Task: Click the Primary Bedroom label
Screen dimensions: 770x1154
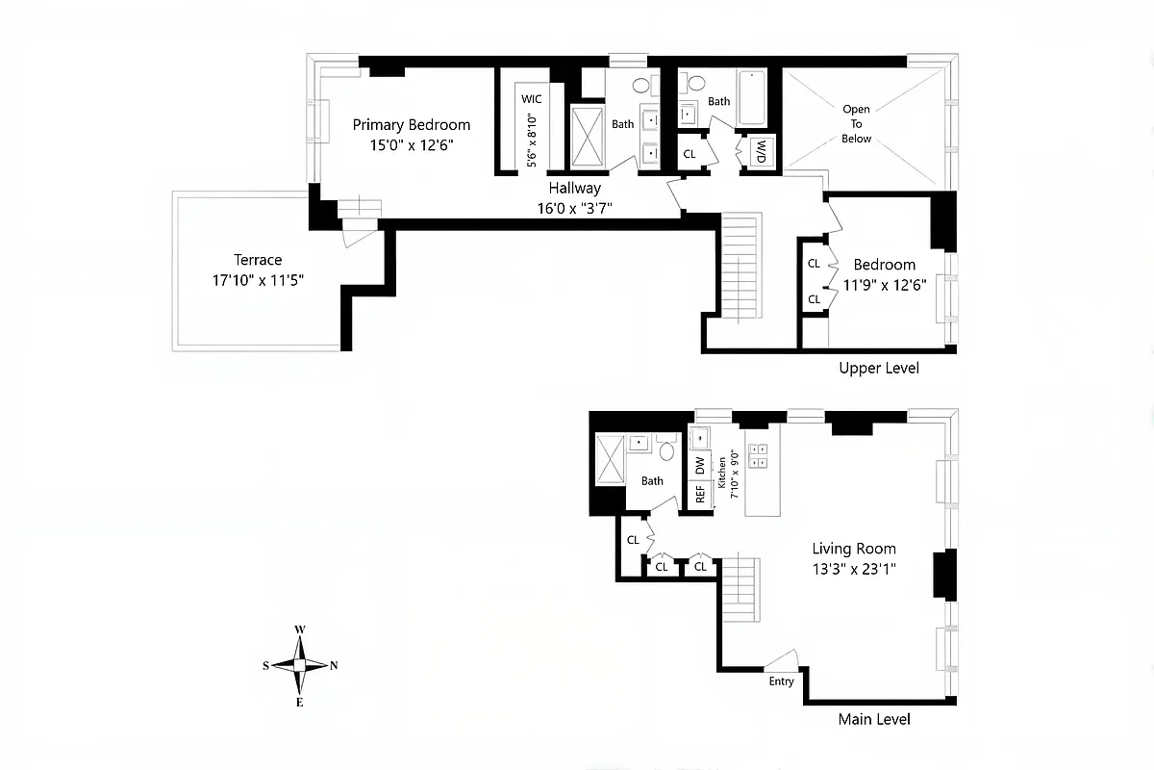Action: [x=411, y=124]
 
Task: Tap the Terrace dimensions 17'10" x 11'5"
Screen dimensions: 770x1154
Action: [x=258, y=281]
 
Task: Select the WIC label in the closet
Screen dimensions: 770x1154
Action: [x=531, y=99]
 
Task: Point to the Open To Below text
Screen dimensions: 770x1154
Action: [x=856, y=124]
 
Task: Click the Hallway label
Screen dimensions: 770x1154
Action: [x=574, y=189]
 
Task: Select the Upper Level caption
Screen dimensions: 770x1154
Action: [x=878, y=369]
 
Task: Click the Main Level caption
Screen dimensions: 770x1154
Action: [x=873, y=719]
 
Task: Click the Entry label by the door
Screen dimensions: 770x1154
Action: [x=781, y=681]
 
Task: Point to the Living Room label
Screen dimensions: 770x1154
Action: [x=854, y=549]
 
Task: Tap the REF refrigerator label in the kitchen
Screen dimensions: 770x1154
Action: [x=700, y=495]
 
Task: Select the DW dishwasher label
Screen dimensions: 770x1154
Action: [x=700, y=464]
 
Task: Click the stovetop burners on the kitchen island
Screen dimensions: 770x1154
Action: [x=758, y=455]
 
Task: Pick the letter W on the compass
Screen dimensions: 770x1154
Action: [x=300, y=629]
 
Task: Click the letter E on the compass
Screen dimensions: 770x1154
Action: [x=300, y=703]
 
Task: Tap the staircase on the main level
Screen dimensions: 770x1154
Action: [x=740, y=588]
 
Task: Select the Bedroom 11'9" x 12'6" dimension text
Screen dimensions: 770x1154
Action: [x=884, y=285]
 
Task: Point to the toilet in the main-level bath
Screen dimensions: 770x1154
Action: [x=667, y=449]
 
